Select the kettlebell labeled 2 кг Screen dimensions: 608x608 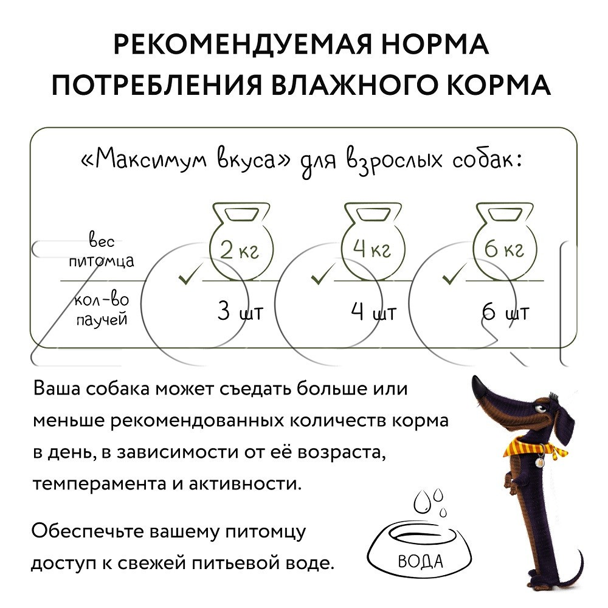(241, 241)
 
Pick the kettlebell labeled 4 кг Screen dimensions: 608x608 (373, 241)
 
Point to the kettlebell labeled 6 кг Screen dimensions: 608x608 (505, 241)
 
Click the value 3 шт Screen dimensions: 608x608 (240, 311)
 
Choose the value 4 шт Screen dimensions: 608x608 (373, 311)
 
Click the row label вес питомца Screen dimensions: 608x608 (102, 250)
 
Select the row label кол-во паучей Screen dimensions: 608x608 (102, 309)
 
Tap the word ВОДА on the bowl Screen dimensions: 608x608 (420, 561)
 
